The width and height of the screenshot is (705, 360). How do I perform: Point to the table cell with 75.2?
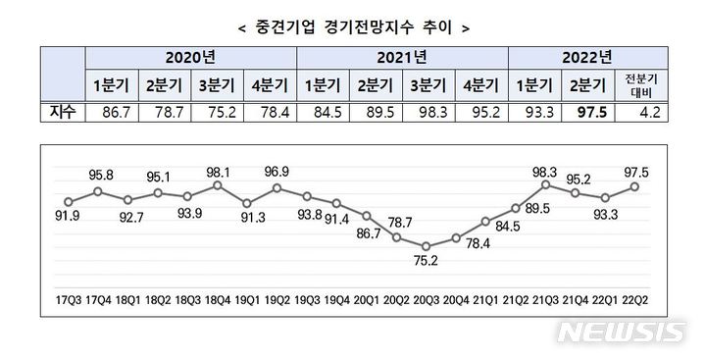216,114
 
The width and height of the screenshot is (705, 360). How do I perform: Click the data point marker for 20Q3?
426,246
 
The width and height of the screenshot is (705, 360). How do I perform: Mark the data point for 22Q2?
635,185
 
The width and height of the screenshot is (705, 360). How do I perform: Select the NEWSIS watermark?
620,332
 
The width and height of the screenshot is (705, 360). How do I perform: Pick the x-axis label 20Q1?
367,293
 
